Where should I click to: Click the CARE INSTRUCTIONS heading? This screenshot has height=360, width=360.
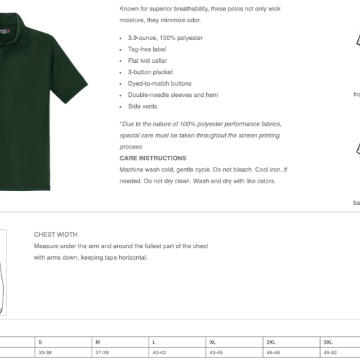tap(153, 158)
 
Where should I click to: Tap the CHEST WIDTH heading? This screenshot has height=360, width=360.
tap(56, 234)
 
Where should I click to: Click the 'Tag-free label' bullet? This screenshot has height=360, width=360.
tap(147, 49)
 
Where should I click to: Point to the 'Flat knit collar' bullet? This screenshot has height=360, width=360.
tap(147, 61)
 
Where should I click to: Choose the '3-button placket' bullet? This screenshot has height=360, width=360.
tap(150, 72)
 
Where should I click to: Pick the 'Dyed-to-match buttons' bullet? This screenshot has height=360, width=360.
tap(160, 84)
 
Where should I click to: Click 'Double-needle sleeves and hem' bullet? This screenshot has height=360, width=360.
tap(173, 95)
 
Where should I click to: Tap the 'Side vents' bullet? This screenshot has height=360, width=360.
tap(143, 107)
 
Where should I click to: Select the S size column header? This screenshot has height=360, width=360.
tap(41, 342)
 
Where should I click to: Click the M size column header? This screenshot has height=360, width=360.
tap(98, 342)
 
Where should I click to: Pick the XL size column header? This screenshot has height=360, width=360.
tap(213, 342)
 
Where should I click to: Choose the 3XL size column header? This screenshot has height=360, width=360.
tap(328, 342)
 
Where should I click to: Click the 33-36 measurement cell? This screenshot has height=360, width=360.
tap(45, 353)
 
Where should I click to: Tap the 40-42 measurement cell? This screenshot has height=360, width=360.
tap(159, 353)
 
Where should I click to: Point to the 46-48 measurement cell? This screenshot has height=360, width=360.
tap(273, 353)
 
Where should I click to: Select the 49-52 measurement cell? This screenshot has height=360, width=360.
tap(330, 353)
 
